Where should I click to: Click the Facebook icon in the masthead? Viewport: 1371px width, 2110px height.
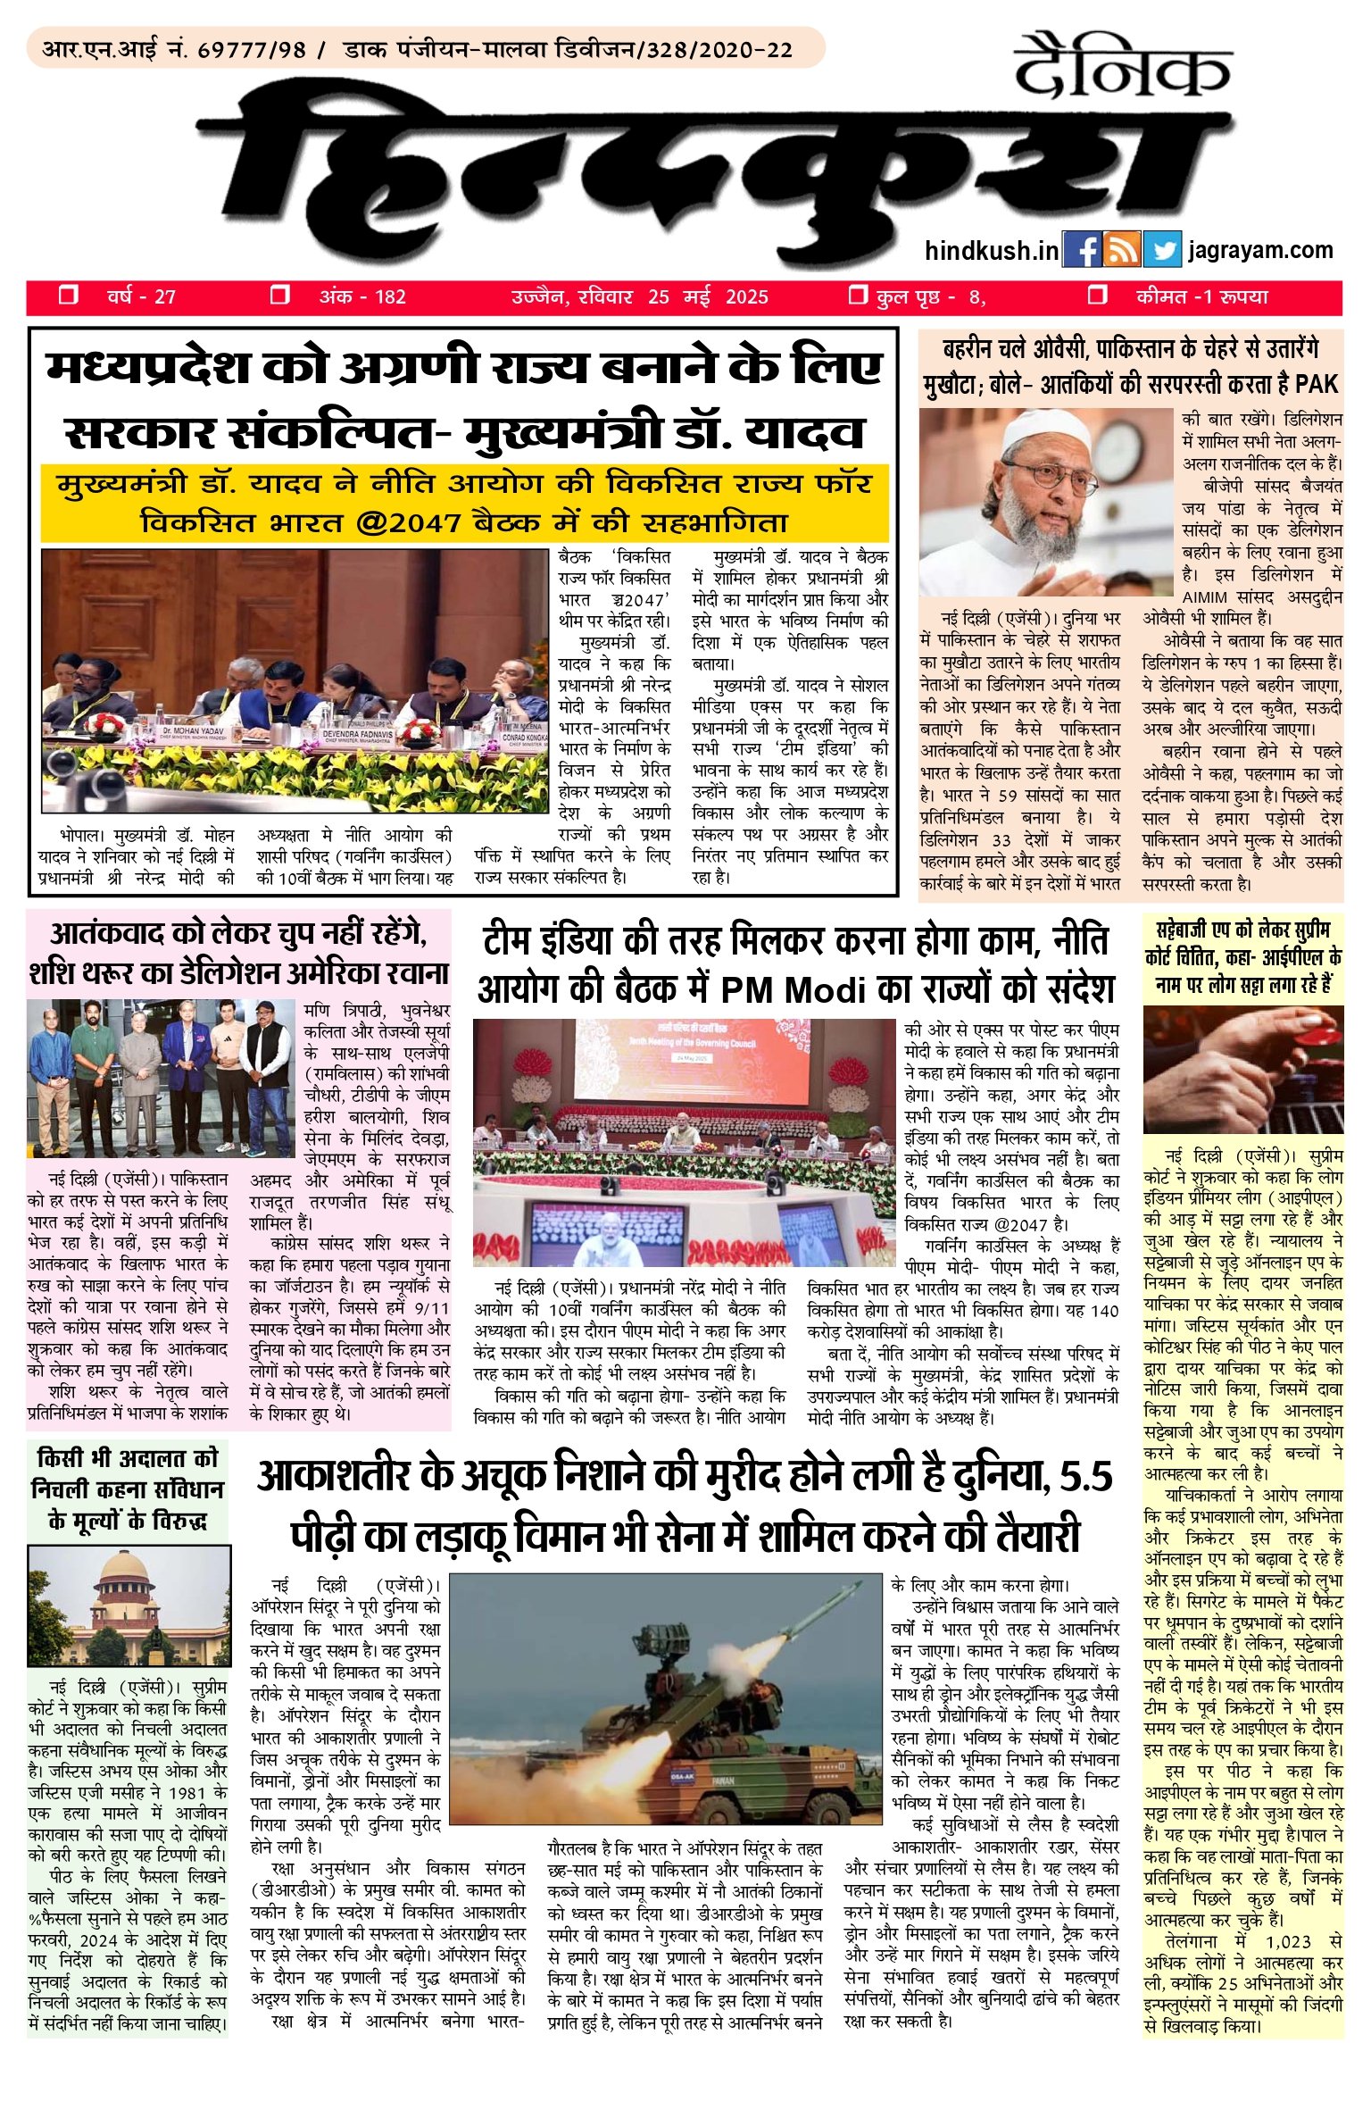(x=1082, y=251)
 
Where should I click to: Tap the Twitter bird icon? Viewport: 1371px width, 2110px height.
(x=1161, y=251)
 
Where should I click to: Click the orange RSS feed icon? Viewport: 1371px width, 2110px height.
(x=1122, y=251)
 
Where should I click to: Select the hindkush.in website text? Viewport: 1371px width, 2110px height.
(x=991, y=251)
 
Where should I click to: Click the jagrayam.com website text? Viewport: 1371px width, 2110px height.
(x=1260, y=251)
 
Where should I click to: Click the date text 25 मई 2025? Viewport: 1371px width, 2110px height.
(x=708, y=297)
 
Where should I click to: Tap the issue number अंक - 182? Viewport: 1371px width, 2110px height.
(x=362, y=297)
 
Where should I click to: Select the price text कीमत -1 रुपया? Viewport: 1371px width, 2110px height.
(x=1201, y=297)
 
